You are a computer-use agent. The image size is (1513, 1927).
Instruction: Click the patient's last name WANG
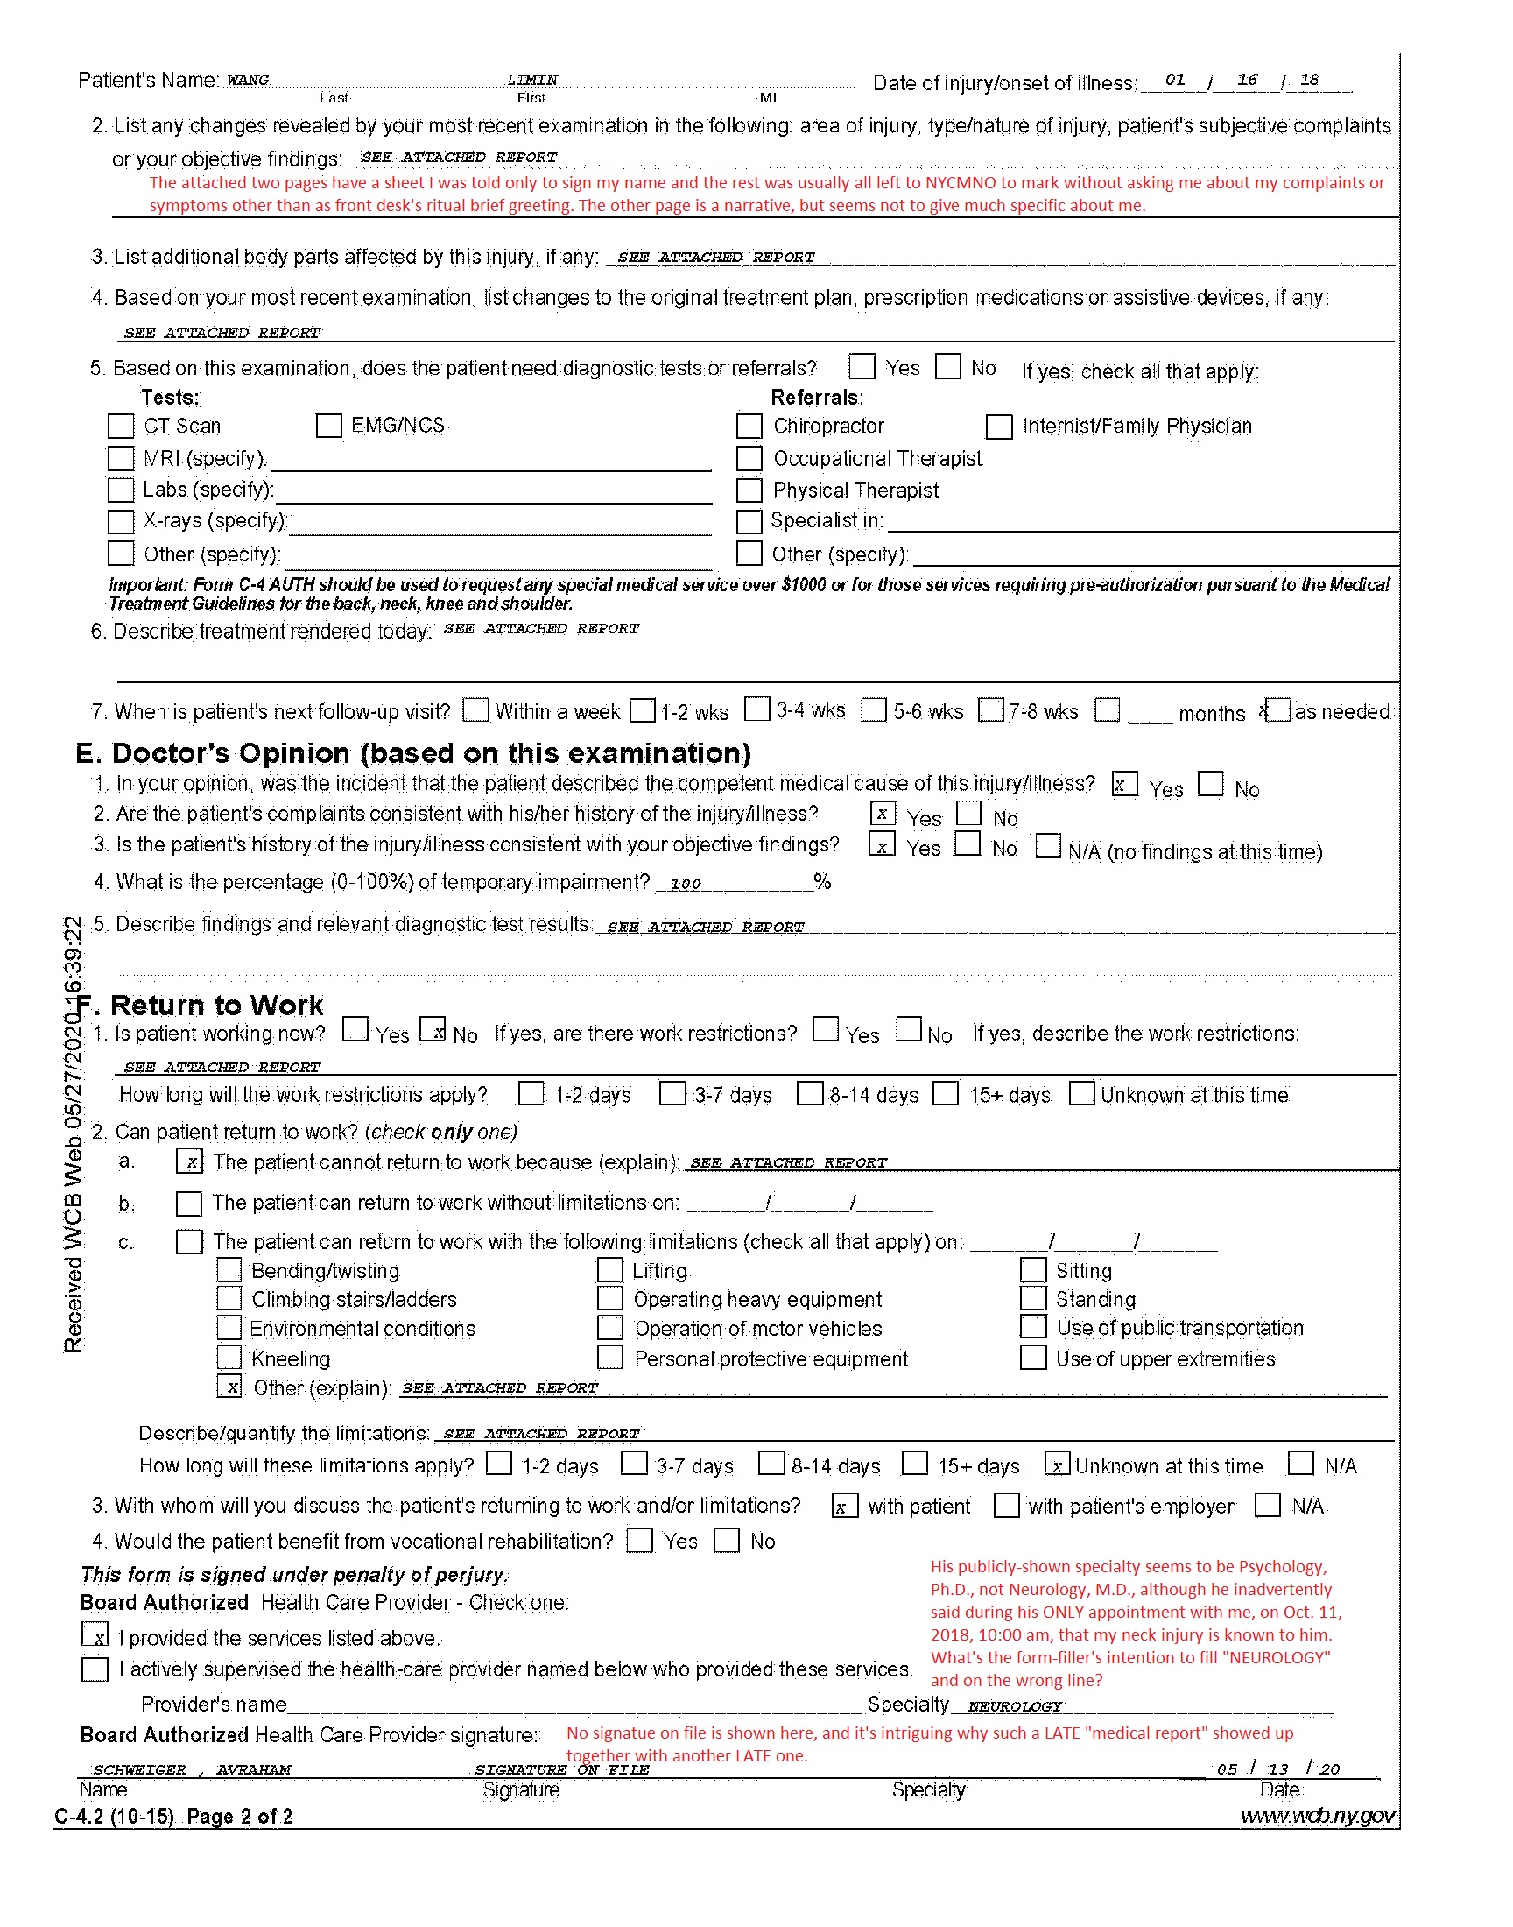click(x=247, y=80)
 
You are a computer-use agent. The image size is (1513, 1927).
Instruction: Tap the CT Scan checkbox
click(x=121, y=427)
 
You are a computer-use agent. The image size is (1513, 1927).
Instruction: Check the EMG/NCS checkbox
click(x=328, y=427)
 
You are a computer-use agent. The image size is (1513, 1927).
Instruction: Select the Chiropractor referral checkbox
click(x=749, y=427)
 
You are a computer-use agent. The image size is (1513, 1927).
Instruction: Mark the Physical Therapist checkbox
click(x=749, y=491)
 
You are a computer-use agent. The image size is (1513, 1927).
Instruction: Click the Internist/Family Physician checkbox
click(x=999, y=427)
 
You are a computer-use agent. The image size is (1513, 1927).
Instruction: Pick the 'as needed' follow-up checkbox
click(x=1278, y=709)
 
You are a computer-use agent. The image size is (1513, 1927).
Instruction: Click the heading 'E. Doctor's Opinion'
click(x=413, y=753)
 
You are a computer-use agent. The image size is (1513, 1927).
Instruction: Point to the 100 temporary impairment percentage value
click(x=686, y=883)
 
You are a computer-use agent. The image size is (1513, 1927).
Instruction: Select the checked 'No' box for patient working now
click(x=433, y=1028)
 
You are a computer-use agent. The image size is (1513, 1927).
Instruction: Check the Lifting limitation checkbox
click(x=609, y=1269)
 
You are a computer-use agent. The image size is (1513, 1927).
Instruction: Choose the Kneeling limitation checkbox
click(x=229, y=1357)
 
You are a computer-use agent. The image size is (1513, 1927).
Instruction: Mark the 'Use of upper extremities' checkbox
click(x=1033, y=1358)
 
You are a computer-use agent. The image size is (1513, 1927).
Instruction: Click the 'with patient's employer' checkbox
click(x=1006, y=1506)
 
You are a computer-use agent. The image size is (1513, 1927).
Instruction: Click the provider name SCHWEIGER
click(x=140, y=1769)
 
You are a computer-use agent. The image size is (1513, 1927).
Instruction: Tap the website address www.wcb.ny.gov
click(x=1317, y=1816)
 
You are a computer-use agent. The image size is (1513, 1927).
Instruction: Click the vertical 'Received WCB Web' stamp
click(x=73, y=1134)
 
